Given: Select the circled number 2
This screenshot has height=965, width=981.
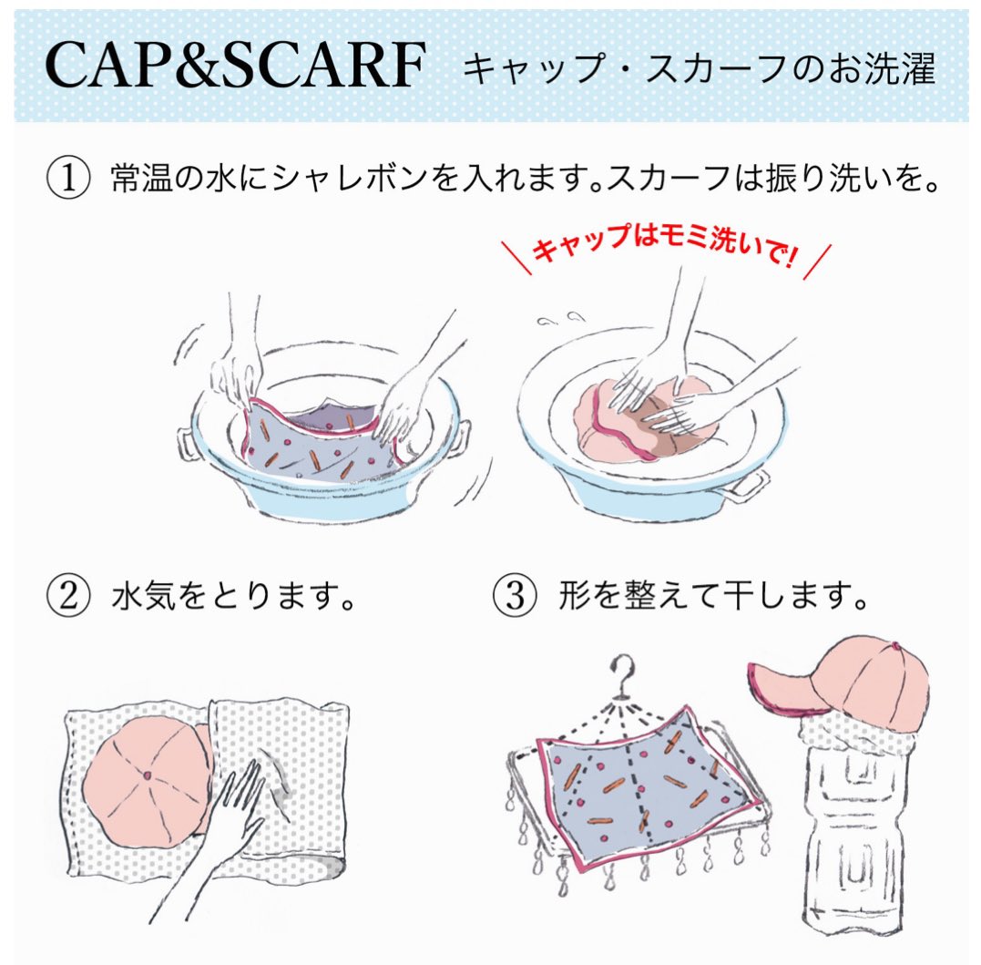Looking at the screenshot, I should click(69, 598).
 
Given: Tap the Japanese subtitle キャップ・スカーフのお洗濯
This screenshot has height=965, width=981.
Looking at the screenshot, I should click(699, 69).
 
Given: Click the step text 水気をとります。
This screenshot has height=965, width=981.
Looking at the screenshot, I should click(233, 598).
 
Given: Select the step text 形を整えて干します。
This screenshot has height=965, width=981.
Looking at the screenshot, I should click(710, 598).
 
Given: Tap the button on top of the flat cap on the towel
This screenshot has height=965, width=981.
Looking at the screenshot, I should click(147, 775).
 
